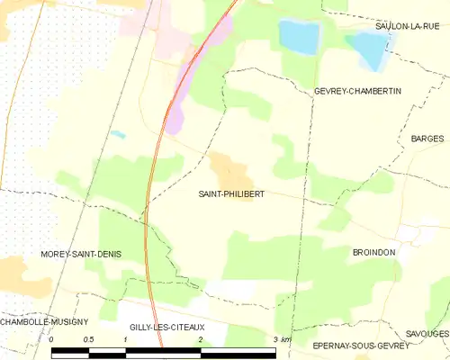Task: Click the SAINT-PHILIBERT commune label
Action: click(231, 193)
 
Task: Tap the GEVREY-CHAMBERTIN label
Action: click(357, 92)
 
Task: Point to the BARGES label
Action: click(427, 139)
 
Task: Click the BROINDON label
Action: click(374, 253)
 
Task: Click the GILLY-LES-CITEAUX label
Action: click(167, 328)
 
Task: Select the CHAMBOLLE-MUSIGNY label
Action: click(44, 321)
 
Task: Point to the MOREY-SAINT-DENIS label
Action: click(81, 255)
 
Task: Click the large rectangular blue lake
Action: click(299, 36)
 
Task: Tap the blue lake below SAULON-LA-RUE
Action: click(367, 49)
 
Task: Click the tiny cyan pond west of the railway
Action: click(118, 134)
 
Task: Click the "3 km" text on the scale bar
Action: click(282, 339)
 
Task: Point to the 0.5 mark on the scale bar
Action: click(88, 339)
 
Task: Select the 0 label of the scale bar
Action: click(52, 339)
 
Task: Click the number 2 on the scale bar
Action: click(200, 339)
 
